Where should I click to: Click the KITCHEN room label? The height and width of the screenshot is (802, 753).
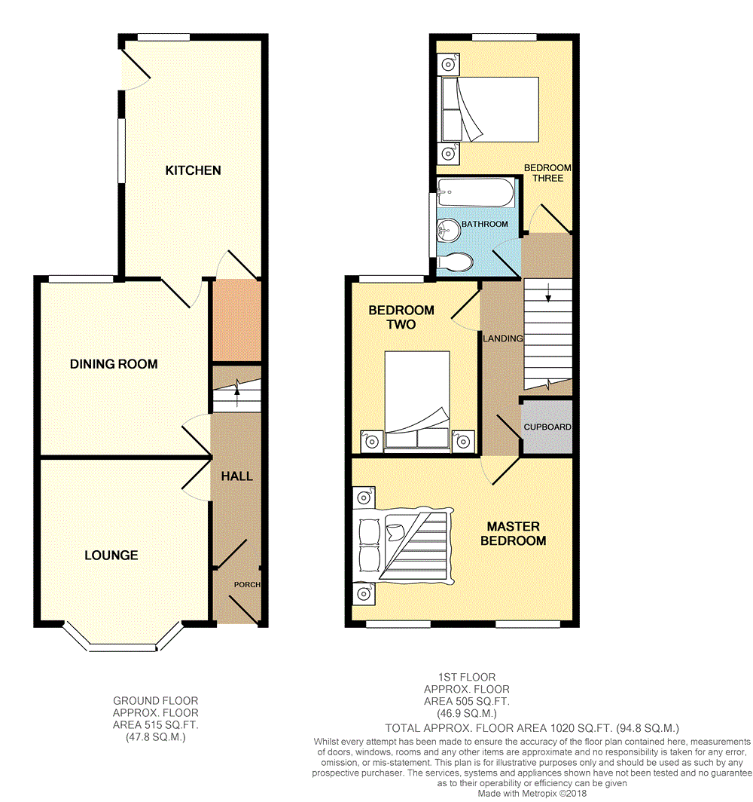193,170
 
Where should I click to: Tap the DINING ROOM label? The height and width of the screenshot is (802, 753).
114,364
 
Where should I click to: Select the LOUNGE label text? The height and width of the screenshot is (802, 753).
111,556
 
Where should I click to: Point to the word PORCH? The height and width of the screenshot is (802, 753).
247,585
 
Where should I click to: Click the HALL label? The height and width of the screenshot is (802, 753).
237,476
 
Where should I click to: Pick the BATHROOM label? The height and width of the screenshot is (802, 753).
485,224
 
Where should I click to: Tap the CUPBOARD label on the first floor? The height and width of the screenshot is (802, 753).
547,427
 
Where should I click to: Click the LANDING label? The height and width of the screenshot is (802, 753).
503,338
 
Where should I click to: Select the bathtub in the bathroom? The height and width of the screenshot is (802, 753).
476,192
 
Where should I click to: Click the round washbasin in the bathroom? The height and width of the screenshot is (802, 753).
449,230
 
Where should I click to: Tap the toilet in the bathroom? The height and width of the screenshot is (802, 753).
455,262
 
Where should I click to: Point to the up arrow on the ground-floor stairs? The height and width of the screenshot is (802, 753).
237,394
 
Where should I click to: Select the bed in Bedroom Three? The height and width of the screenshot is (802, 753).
490,109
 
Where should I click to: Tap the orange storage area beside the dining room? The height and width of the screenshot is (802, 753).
236,320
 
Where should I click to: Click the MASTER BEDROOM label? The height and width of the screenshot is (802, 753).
514,534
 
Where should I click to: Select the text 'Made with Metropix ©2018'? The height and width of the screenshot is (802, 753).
532,794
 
